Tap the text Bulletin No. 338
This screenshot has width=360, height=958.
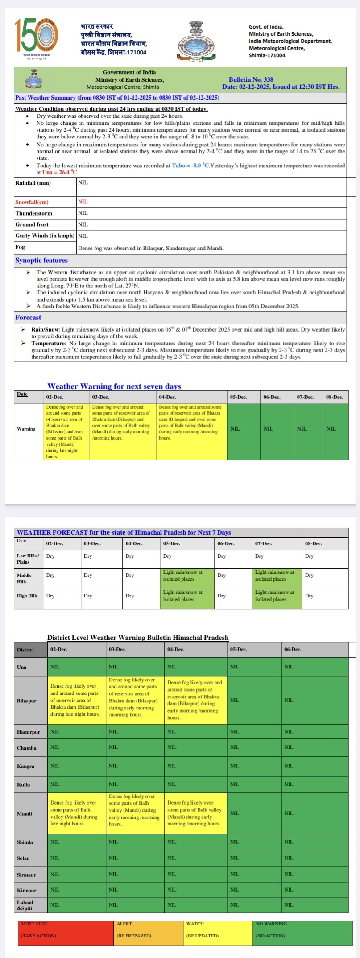[x=251, y=79]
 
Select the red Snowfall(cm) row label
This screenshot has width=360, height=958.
[x=32, y=202]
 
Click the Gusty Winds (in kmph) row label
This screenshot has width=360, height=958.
[x=45, y=236]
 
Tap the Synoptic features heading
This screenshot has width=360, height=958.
[x=41, y=261]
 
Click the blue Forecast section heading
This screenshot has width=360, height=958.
[x=28, y=318]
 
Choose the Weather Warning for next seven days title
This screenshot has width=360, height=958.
[x=114, y=386]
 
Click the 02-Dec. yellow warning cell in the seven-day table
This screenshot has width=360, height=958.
[x=66, y=431]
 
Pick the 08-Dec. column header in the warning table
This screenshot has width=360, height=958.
[x=335, y=397]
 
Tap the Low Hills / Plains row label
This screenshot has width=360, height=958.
[x=28, y=559]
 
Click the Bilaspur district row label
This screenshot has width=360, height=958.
[x=27, y=701]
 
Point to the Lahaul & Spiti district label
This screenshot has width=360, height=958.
[x=25, y=905]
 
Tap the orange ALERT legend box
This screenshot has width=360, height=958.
[x=148, y=932]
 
